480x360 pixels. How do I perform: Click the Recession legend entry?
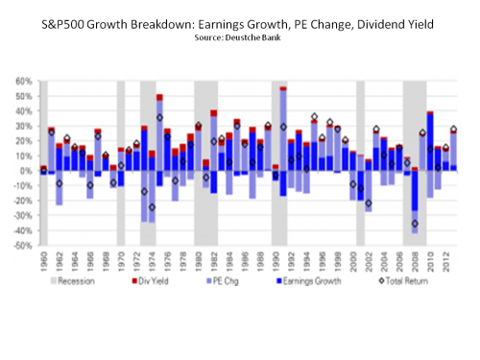pos(70,283)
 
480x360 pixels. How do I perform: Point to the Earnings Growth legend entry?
pos(293,283)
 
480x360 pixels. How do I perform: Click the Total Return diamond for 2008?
pos(415,224)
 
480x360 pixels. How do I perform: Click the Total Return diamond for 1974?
pos(152,206)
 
